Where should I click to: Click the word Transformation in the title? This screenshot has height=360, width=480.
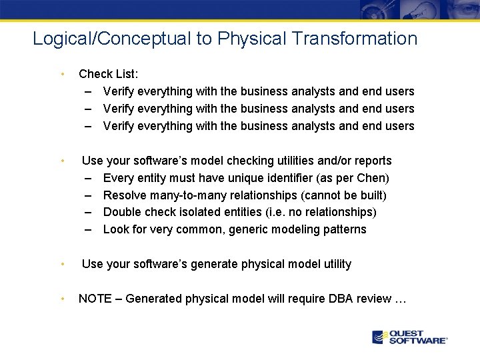(x=365, y=39)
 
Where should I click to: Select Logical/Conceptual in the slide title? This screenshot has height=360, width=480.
(x=111, y=39)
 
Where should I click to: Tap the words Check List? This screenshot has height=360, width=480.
(x=106, y=74)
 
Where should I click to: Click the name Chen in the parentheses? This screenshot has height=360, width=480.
(x=374, y=178)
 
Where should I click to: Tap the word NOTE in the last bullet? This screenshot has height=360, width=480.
(x=95, y=299)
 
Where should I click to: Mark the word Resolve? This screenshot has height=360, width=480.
(x=125, y=195)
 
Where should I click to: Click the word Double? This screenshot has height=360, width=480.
(x=122, y=212)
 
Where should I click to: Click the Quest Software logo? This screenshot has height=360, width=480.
(x=410, y=337)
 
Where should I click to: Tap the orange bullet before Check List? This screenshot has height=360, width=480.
(x=61, y=74)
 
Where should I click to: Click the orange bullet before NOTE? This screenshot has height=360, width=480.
(x=61, y=299)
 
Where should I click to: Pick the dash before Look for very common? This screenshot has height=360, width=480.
(x=89, y=229)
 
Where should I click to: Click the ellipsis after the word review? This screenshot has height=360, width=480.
(x=400, y=299)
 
